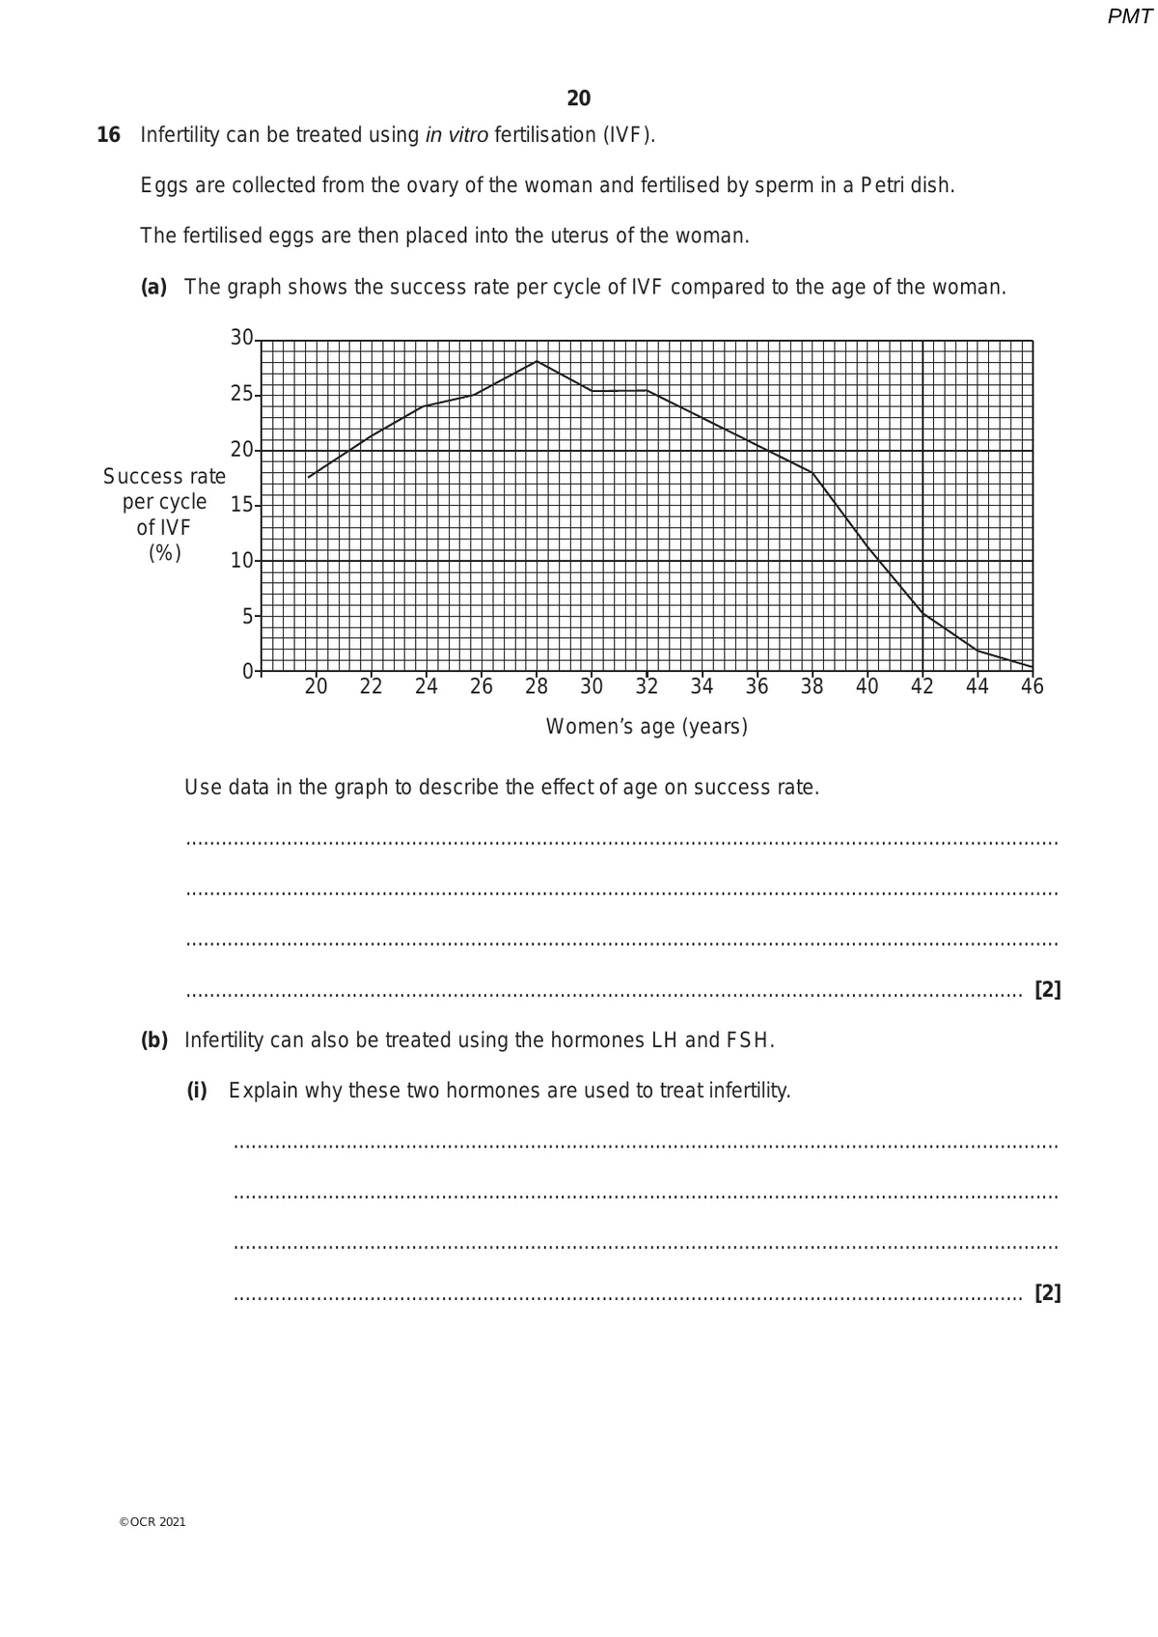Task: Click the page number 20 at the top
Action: [579, 98]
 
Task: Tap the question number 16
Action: [108, 135]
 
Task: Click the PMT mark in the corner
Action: [1129, 16]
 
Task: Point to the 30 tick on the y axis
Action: [241, 338]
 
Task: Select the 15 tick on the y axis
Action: [241, 505]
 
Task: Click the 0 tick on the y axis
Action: [248, 671]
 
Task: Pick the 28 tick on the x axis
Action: [537, 686]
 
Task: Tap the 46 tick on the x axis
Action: [1033, 686]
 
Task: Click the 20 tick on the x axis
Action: [316, 686]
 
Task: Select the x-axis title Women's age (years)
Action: [647, 727]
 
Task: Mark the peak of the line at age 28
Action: [537, 361]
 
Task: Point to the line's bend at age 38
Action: [813, 473]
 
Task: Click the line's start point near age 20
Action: [309, 477]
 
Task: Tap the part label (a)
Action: [154, 288]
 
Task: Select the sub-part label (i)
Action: [197, 1091]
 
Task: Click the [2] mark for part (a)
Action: [1047, 989]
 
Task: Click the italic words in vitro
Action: [456, 135]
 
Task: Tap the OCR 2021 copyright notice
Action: [152, 1522]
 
